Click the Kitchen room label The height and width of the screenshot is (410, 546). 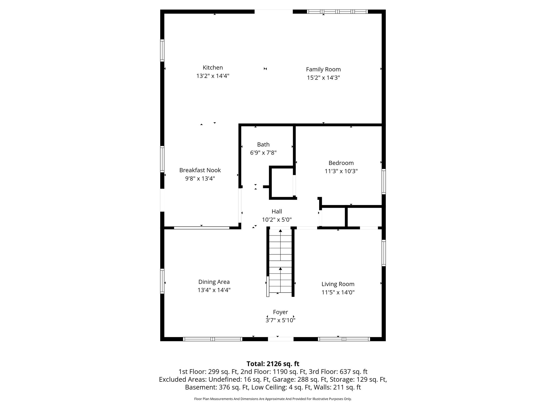213,68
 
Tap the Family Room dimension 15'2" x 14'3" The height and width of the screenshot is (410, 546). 323,78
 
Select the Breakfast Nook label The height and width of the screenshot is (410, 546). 200,170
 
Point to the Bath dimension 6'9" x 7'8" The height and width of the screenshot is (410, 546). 263,153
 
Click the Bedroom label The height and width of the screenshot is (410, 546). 341,163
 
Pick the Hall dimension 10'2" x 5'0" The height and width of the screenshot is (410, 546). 277,220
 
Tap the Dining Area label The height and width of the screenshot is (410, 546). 214,282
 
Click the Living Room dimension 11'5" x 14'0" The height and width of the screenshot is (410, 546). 338,292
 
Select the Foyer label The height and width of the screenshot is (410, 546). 280,312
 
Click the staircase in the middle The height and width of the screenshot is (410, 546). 280,262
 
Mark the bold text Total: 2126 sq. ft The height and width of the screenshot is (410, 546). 273,364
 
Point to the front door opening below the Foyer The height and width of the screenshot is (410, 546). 280,339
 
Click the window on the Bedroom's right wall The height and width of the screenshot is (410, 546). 384,182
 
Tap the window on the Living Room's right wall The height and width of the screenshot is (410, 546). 384,253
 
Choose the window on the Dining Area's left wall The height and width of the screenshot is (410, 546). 162,281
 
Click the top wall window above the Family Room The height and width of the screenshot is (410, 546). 337,11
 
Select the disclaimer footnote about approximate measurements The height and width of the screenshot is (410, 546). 273,399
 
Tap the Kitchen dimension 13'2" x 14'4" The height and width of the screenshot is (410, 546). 213,76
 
